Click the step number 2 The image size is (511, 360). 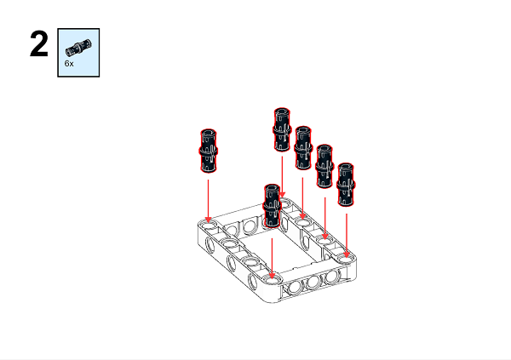(38, 45)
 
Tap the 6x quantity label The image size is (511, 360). (69, 64)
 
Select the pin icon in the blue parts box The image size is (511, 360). (78, 45)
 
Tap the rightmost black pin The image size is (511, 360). (347, 184)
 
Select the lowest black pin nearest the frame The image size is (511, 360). (272, 205)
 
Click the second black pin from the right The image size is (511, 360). (324, 165)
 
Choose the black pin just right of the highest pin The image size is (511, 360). (303, 147)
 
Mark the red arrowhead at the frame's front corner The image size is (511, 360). (272, 271)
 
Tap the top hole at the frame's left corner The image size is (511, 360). (209, 226)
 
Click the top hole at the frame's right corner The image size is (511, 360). (347, 254)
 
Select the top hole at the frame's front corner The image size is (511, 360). (272, 278)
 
